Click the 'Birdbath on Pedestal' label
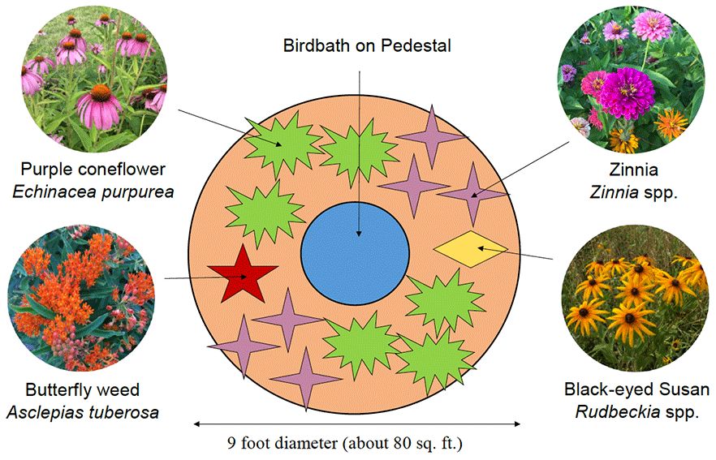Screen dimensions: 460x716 [367, 45]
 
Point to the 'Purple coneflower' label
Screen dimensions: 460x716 [93, 170]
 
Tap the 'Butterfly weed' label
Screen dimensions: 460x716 [82, 389]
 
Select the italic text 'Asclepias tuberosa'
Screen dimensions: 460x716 [82, 411]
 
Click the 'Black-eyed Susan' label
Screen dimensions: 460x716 [636, 389]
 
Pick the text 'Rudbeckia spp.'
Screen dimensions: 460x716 [636, 411]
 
